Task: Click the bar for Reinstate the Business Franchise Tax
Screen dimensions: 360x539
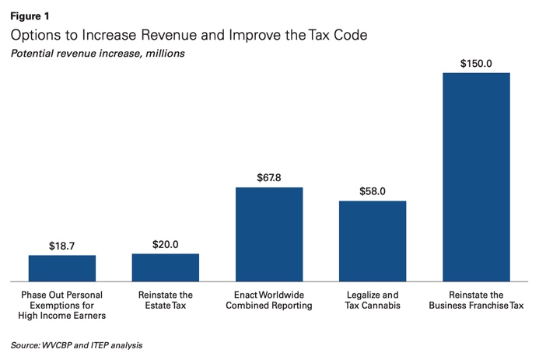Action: point(476,177)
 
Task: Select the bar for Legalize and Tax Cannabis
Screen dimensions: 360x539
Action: point(373,240)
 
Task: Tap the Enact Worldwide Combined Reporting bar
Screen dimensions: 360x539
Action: point(269,233)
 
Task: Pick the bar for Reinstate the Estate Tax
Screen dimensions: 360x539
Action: point(166,267)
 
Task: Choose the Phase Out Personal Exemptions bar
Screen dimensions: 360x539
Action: point(62,267)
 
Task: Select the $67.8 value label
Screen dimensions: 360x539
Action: point(269,178)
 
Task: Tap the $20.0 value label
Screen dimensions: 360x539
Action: point(166,244)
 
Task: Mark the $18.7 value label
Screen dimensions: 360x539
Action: point(62,246)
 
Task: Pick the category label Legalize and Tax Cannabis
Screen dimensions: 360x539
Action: point(373,300)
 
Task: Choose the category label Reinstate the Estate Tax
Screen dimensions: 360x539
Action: point(166,300)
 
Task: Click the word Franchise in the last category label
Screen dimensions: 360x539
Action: point(487,306)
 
